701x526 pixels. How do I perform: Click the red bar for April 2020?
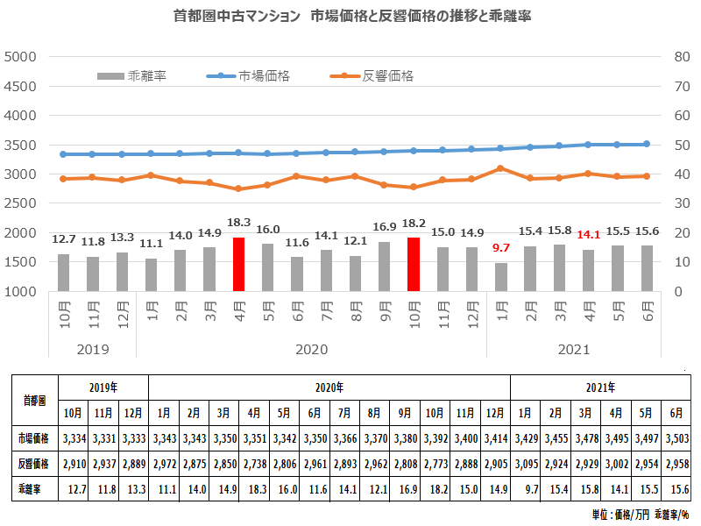coord(238,264)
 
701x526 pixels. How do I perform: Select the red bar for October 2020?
coord(414,264)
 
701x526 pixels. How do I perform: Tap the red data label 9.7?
coord(501,248)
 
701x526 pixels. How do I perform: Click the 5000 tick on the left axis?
coord(19,56)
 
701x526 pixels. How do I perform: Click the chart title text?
coord(350,17)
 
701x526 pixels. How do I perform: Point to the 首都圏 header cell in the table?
coord(34,399)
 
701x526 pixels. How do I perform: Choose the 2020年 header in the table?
coord(329,387)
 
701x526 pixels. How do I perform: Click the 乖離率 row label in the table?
coord(34,486)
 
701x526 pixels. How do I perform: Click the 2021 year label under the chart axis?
coord(574,349)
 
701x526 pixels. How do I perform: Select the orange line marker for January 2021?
coord(500,167)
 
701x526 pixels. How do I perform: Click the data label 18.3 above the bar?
coord(238,224)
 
